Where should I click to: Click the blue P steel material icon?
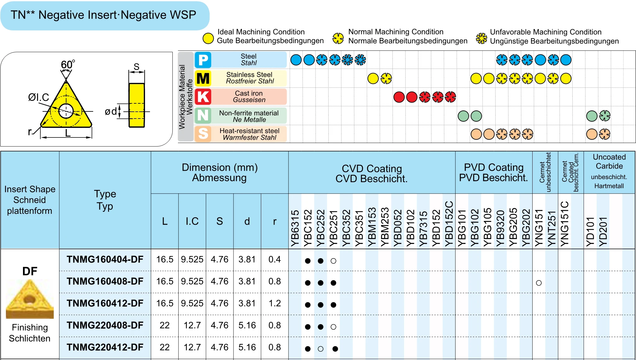203,60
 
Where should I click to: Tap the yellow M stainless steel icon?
203,78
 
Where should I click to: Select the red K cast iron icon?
203,97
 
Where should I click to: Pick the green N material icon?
203,115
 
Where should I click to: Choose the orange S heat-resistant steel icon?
203,134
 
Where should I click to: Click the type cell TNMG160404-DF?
105,259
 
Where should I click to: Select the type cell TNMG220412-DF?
105,347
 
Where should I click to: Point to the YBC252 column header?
320,228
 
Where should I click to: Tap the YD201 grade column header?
603,231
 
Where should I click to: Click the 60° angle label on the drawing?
68,65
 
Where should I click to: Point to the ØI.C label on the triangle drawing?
39,97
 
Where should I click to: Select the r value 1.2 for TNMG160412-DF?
275,303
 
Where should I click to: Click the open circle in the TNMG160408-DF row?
539,283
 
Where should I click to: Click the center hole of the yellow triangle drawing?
66,111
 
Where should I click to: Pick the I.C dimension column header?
192,221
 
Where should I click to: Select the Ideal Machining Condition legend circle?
208,38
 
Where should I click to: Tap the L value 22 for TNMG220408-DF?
165,325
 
